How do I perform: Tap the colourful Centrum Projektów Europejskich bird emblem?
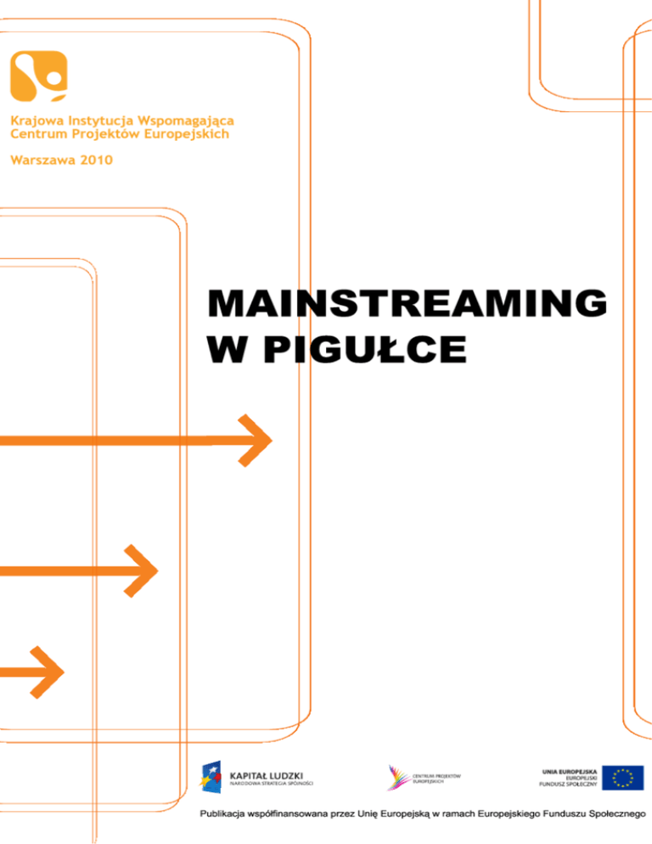[x=396, y=777]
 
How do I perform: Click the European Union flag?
[x=622, y=777]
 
